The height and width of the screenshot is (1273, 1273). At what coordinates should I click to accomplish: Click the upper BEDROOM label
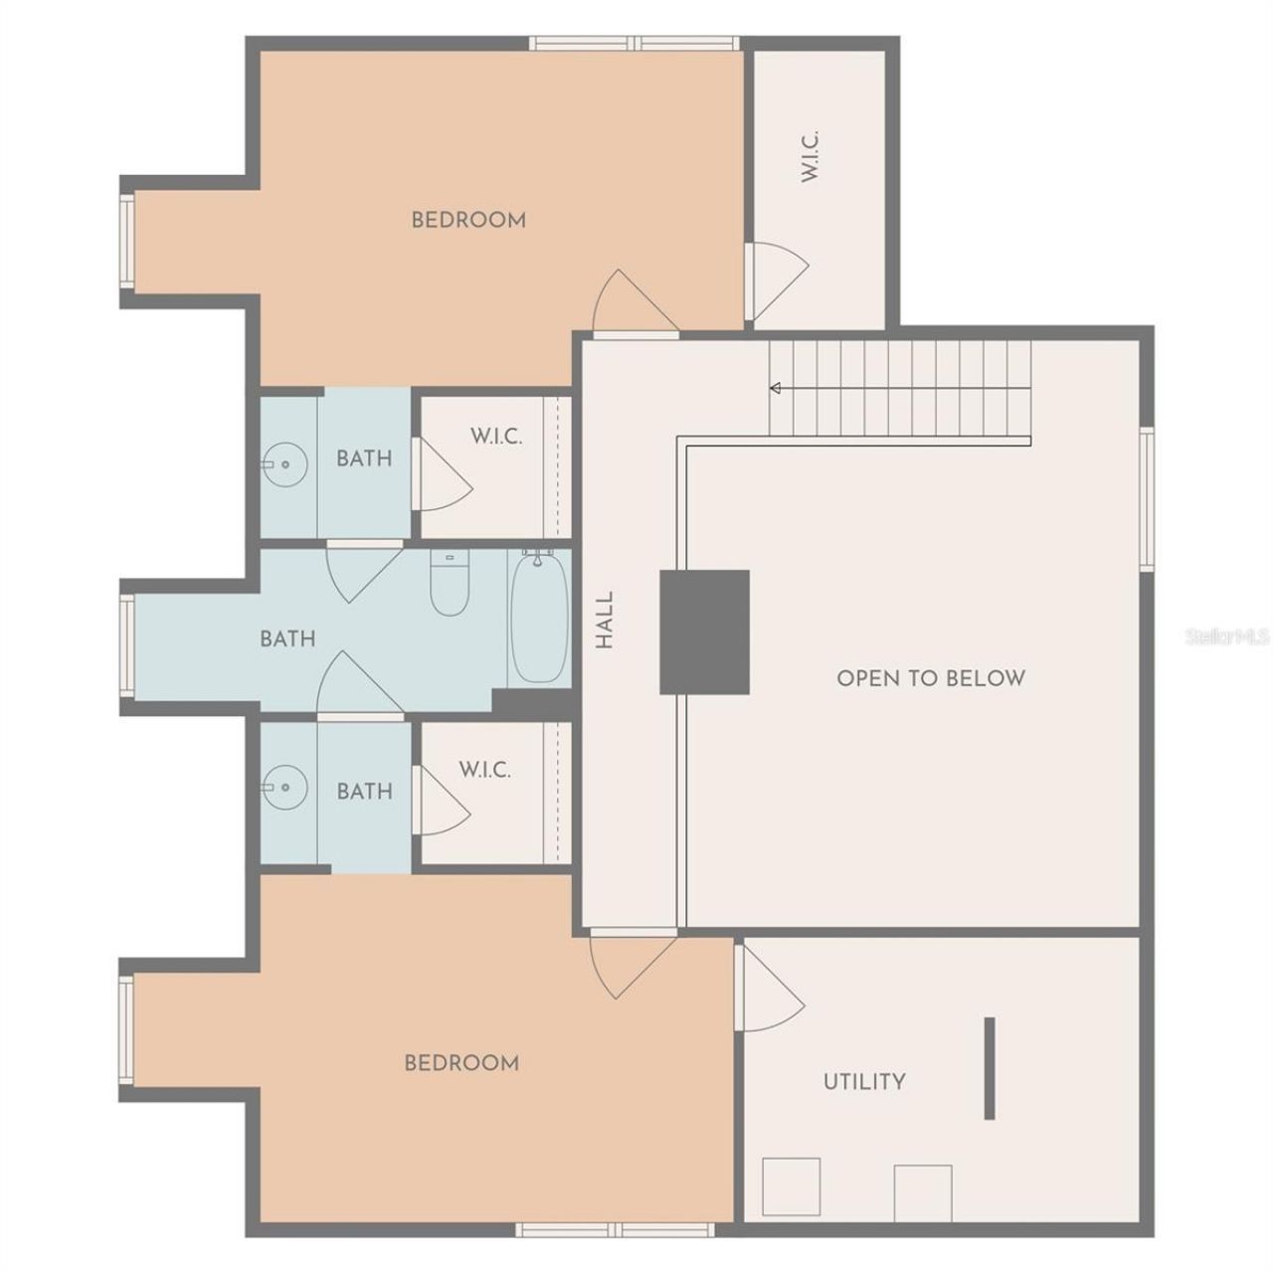pos(468,220)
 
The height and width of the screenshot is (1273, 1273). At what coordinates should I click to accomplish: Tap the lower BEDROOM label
pos(461,1063)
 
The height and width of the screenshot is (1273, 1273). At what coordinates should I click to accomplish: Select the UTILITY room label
pos(864,1081)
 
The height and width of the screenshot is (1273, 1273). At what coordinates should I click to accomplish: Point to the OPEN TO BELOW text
pos(930,678)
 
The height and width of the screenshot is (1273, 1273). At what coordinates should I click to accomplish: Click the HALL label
pos(605,622)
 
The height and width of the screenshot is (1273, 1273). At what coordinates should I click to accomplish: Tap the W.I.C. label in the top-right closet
pos(810,155)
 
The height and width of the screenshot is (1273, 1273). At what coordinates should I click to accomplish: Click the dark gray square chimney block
pos(704,632)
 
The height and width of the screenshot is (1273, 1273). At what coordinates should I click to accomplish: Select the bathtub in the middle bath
pos(538,618)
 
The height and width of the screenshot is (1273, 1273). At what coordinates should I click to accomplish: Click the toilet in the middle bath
pos(449,587)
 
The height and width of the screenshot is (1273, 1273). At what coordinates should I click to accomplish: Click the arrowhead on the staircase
pos(775,388)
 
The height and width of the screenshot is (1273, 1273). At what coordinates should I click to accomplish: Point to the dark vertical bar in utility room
pos(990,1067)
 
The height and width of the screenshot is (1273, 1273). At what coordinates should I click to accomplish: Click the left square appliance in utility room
pos(792,1185)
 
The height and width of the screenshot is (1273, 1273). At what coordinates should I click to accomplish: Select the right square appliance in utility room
pos(923,1192)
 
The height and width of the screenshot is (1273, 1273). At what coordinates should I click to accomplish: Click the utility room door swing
pos(770,990)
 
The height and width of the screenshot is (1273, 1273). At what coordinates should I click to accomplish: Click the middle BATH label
pos(287,638)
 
